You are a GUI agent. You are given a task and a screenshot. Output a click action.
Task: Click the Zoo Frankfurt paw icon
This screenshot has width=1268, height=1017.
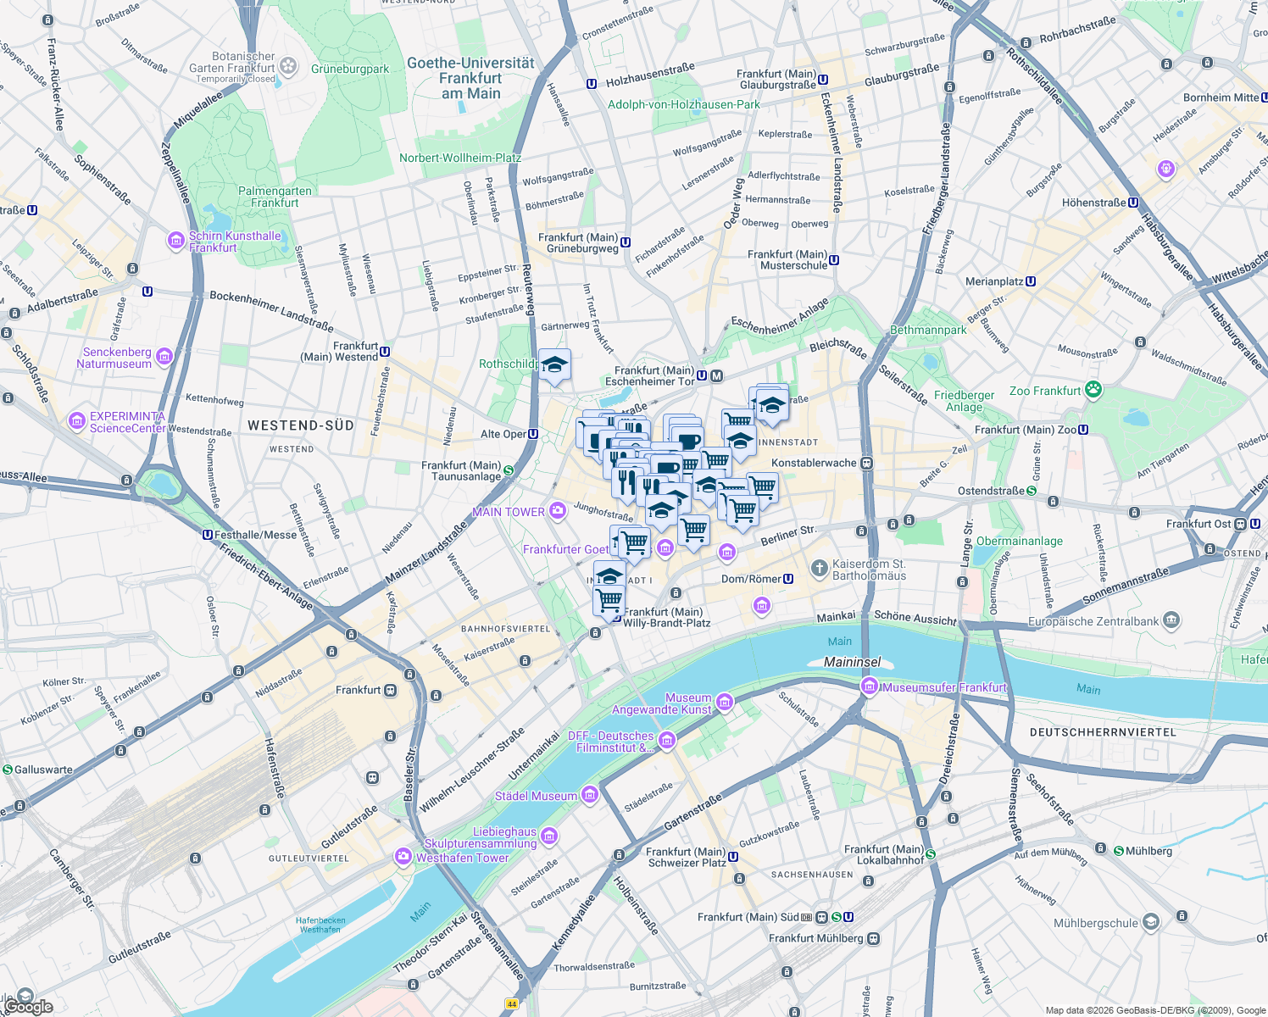(1093, 390)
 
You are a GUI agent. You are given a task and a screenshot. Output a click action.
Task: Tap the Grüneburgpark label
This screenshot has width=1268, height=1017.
(350, 69)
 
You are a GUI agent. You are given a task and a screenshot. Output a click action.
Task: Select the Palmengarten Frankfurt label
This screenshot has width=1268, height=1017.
(275, 197)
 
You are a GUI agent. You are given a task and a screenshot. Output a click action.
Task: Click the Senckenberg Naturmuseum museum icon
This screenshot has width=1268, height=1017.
(164, 357)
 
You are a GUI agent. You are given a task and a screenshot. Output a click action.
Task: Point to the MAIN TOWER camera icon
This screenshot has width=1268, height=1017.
(557, 510)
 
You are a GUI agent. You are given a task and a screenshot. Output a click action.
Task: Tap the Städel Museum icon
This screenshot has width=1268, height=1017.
(590, 795)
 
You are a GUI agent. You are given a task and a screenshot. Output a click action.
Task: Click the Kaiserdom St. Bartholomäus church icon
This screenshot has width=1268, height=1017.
(819, 568)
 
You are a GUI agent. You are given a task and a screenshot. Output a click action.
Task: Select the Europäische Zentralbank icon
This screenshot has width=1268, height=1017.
(1171, 620)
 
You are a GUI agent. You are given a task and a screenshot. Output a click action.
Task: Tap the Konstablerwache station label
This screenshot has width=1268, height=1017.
(814, 463)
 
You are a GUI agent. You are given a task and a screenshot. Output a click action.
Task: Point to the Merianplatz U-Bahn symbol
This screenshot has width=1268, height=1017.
(1031, 281)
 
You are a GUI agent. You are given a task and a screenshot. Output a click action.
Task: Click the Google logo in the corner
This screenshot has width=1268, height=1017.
(27, 1006)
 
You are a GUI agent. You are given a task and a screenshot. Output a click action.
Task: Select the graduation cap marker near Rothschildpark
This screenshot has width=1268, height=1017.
(554, 366)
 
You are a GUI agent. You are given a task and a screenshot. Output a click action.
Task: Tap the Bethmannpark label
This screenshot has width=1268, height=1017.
(928, 330)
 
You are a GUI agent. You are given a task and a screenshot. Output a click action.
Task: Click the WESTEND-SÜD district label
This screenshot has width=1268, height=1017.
(300, 425)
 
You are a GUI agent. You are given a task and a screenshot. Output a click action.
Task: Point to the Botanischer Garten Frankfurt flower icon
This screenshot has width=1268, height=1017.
(288, 65)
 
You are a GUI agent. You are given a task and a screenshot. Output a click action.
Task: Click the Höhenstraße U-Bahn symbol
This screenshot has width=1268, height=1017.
(1133, 203)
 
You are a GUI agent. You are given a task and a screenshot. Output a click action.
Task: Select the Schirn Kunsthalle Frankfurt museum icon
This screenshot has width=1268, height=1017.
(176, 241)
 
